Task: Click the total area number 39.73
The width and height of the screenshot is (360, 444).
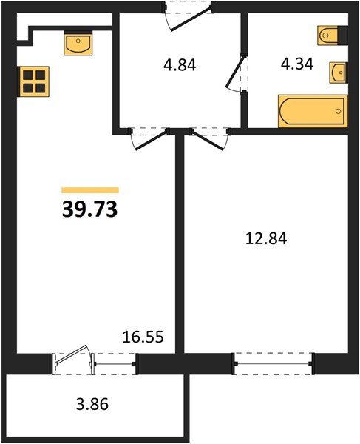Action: [89, 210]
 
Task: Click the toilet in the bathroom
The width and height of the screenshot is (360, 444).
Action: [330, 34]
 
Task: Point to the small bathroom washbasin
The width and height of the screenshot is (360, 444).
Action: [338, 72]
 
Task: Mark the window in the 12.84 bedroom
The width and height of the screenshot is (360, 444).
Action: [273, 363]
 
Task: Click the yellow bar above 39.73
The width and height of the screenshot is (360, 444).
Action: [89, 190]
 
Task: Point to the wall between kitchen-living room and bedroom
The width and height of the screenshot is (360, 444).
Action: [179, 244]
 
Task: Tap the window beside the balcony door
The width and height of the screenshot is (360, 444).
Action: [115, 363]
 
